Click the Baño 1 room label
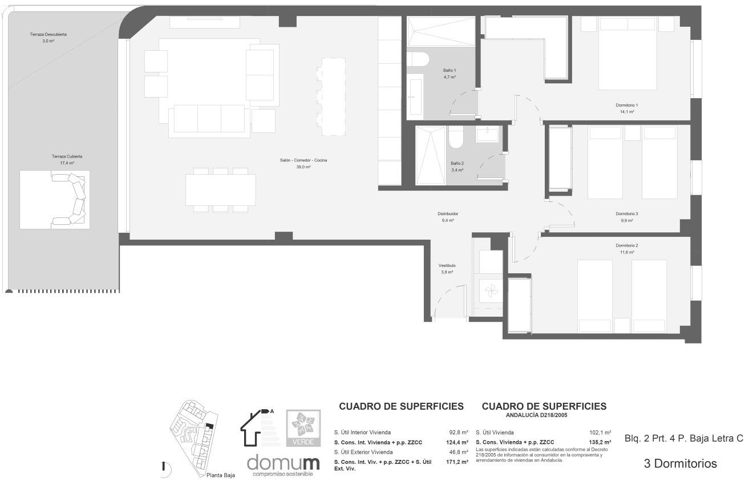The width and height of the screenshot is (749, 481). tap(450, 70)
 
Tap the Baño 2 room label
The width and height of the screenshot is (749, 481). tap(457, 163)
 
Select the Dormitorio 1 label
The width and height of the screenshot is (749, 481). tap(626, 106)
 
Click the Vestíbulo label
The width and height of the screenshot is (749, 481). tap(447, 266)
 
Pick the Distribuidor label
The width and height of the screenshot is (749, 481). tap(448, 214)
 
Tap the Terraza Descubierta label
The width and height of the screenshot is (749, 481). tap(48, 35)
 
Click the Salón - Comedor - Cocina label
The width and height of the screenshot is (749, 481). tap(303, 160)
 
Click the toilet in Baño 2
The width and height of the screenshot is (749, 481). tap(456, 138)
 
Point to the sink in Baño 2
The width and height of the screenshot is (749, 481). tap(488, 135)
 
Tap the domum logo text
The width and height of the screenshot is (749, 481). tap(283, 462)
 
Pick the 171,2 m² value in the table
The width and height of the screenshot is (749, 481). tap(457, 462)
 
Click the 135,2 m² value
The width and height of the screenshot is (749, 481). tap(600, 442)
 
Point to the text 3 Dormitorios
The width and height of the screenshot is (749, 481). tap(680, 464)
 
